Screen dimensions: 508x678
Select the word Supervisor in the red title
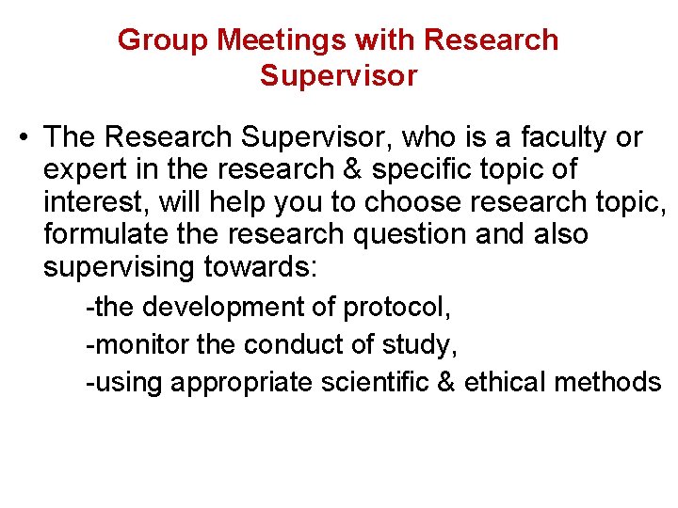tap(338, 75)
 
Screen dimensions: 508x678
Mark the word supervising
tap(119, 267)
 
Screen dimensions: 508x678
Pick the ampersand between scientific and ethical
tap(445, 383)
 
